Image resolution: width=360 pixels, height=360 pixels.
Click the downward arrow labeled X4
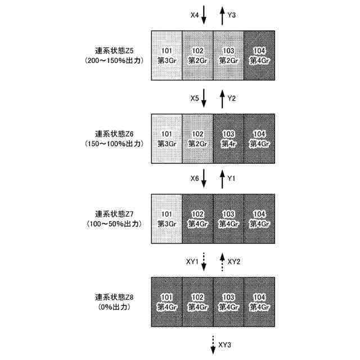[x=204, y=16]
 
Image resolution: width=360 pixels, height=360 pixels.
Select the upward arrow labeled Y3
[x=223, y=16]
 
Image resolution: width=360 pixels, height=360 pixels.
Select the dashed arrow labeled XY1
[x=204, y=262]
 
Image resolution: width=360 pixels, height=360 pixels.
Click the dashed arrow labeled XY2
[x=223, y=262]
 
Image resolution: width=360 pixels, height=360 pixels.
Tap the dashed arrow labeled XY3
[x=213, y=344]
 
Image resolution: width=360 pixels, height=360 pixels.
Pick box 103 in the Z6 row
[x=228, y=139]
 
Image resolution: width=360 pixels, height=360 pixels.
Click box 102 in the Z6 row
[x=198, y=139]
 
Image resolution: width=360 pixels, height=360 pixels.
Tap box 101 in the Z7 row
[x=167, y=219]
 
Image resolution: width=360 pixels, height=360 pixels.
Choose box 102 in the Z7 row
[x=198, y=219]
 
